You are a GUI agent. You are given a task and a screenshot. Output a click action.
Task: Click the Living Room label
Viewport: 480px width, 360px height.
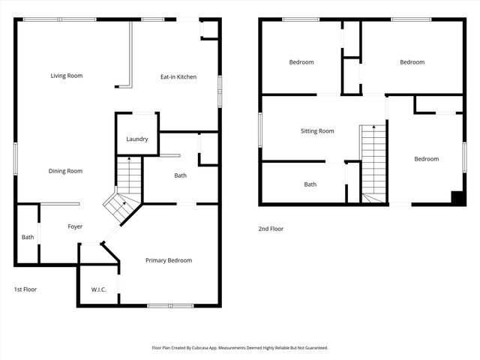pos(66,76)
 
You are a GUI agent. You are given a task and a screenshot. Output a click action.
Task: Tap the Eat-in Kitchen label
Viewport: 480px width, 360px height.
pos(178,76)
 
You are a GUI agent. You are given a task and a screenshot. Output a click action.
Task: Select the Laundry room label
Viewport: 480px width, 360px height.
pos(136,139)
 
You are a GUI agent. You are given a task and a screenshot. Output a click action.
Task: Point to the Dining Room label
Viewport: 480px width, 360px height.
pos(65,171)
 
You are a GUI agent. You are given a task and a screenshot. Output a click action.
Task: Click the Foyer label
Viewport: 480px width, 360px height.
pos(75,226)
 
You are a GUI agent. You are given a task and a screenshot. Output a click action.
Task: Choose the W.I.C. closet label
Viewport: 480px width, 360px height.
pos(98,290)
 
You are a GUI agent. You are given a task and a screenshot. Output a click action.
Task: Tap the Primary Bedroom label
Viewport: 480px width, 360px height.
pos(169,260)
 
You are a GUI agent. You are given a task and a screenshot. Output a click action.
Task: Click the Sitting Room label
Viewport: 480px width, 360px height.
pos(317,131)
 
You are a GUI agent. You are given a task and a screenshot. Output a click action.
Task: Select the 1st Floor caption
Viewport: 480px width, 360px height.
pos(25,289)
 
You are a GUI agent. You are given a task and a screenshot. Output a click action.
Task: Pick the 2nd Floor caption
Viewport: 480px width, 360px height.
pos(271,229)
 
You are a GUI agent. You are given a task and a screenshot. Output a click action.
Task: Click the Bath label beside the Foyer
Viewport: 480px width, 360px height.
pos(27,237)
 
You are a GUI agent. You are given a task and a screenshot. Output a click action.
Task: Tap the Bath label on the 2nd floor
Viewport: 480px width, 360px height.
pos(310,184)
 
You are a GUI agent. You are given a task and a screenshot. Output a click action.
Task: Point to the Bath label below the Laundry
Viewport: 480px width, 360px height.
pos(180,175)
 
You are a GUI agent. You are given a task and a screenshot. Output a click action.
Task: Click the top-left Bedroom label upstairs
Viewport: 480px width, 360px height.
pos(301,62)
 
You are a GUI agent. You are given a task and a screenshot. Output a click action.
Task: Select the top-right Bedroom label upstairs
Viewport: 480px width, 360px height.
pos(412,62)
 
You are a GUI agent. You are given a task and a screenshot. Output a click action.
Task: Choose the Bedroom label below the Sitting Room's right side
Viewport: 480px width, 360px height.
pos(426,159)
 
